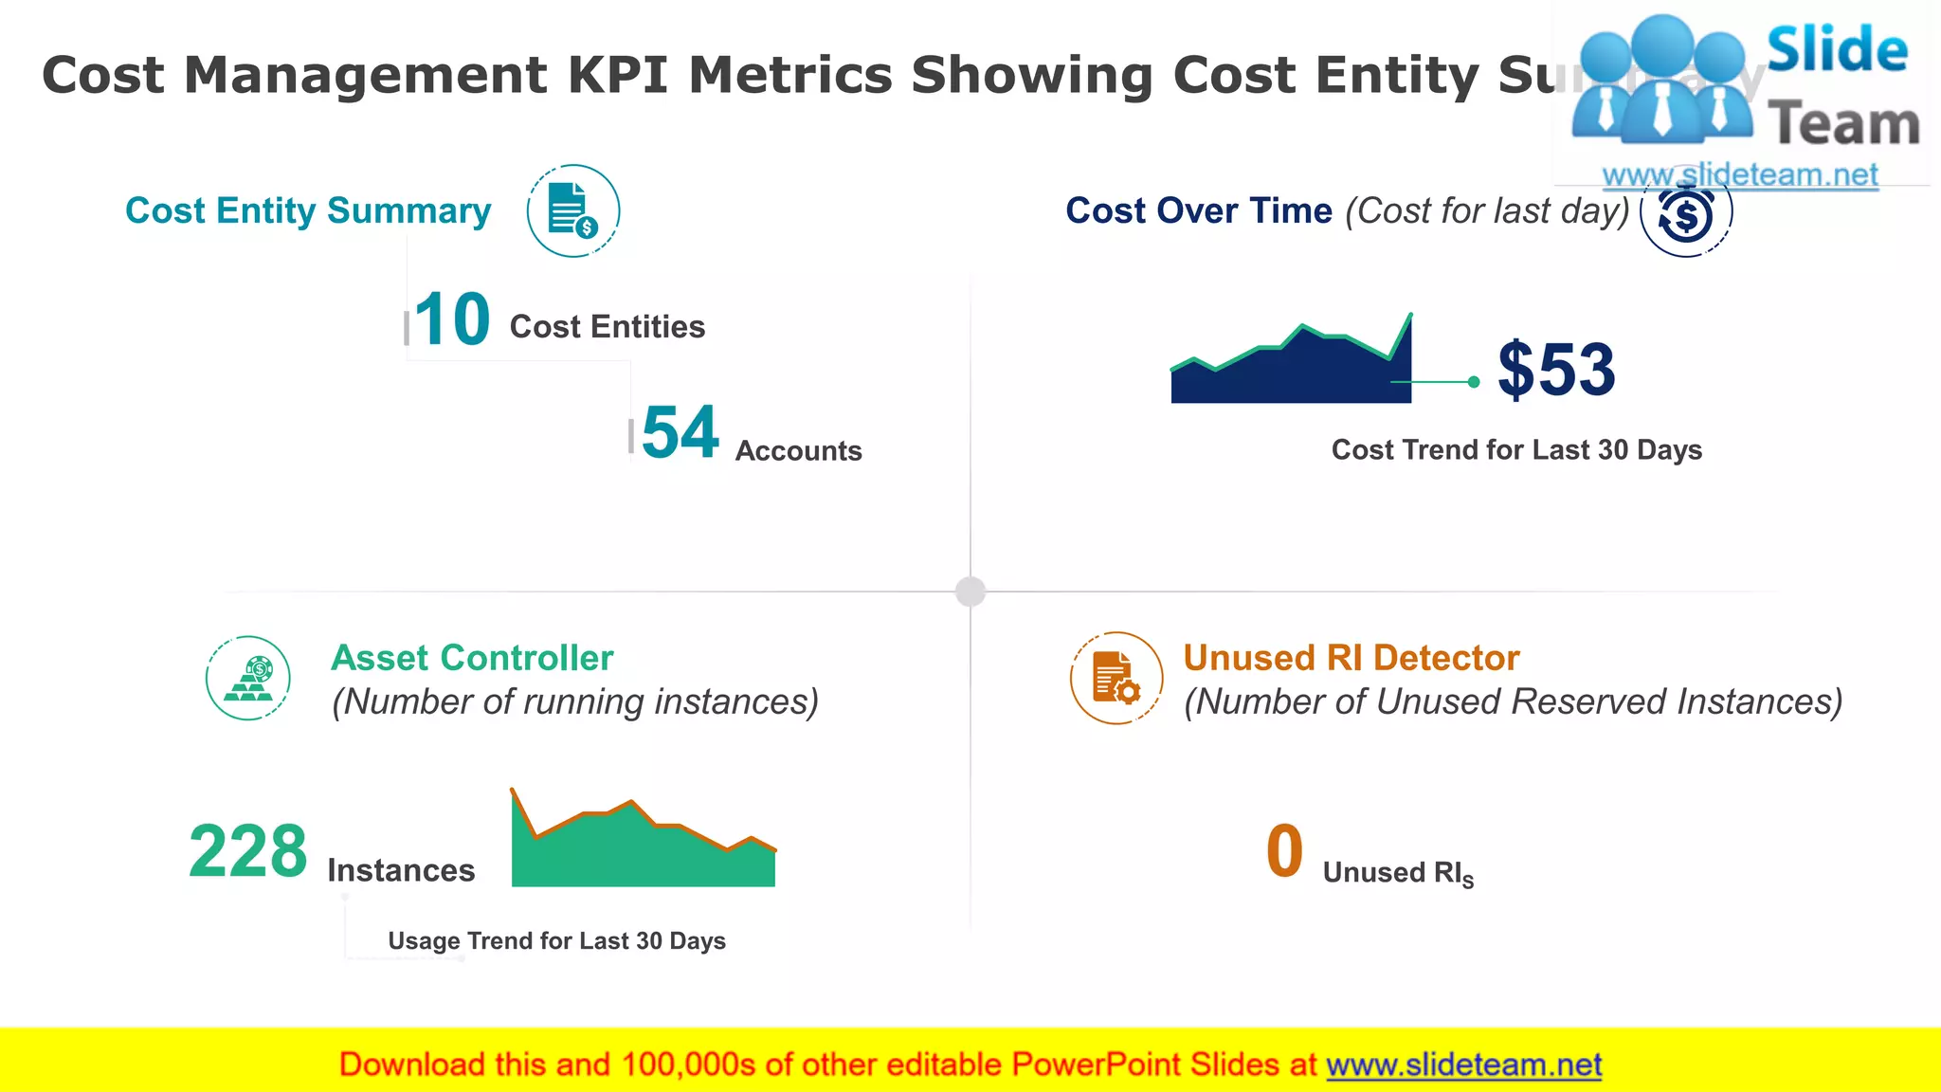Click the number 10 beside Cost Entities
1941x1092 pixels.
[x=452, y=320]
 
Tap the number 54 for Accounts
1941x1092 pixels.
[x=680, y=433]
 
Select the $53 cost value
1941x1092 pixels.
[x=1556, y=370]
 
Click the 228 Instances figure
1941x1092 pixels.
[x=248, y=851]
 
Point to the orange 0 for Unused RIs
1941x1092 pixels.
[x=1284, y=851]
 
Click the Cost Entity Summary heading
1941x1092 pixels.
[x=308, y=210]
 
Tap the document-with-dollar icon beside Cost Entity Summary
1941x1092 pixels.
[x=573, y=210]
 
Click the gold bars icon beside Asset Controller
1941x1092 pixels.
[x=248, y=678]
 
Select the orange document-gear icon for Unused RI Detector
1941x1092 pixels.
[x=1116, y=678]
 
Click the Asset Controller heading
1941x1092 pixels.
[x=472, y=658]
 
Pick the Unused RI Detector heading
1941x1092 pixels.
[x=1351, y=658]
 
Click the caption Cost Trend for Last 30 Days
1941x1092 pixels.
[x=1516, y=449]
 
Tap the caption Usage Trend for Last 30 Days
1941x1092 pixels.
[x=556, y=940]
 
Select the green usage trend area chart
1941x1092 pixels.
[x=643, y=853]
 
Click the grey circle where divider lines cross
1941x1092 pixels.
[x=970, y=591]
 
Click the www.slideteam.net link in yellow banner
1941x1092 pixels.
[x=1463, y=1065]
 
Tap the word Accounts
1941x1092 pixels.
[x=798, y=451]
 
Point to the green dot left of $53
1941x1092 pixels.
[x=1474, y=382]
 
